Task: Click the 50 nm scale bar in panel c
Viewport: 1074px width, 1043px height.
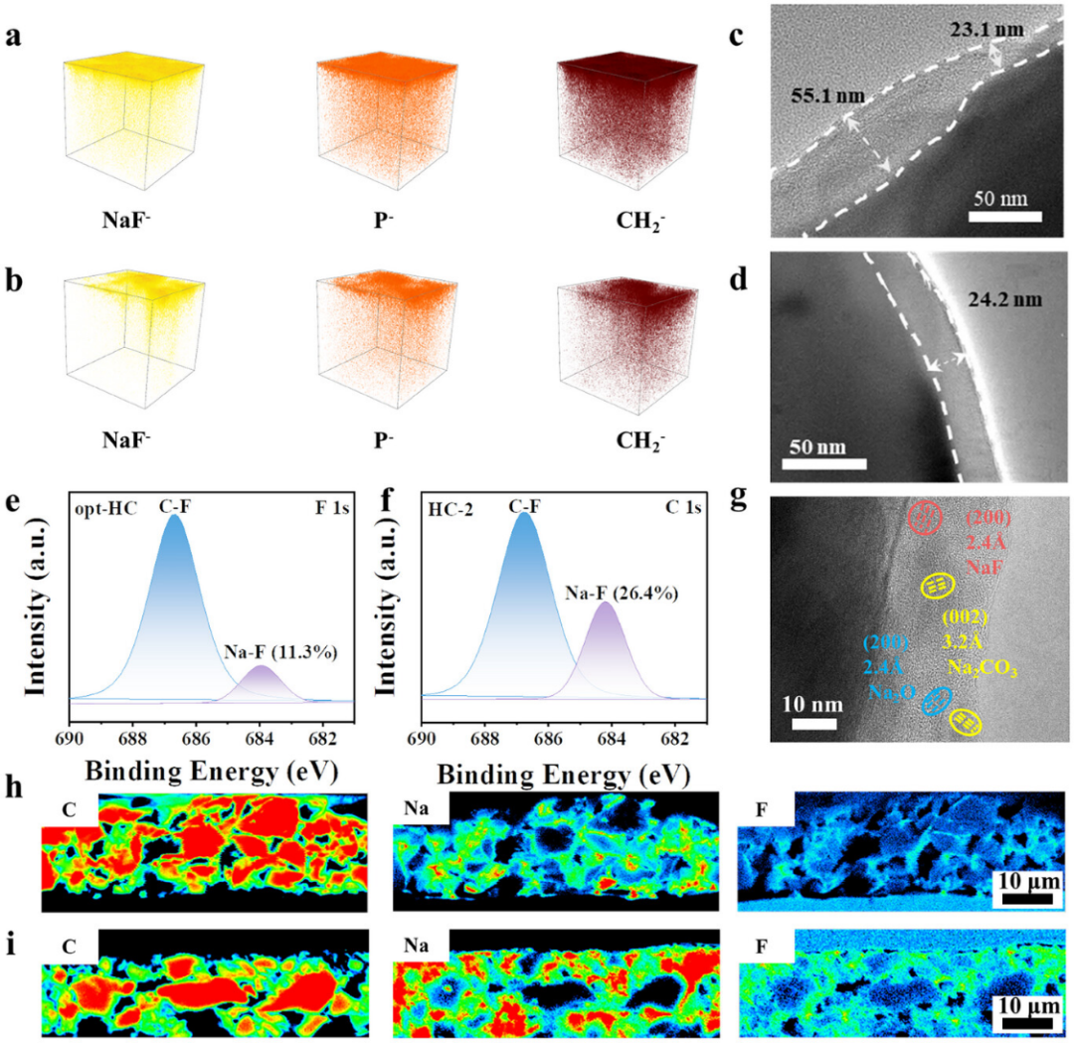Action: [x=1006, y=215]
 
